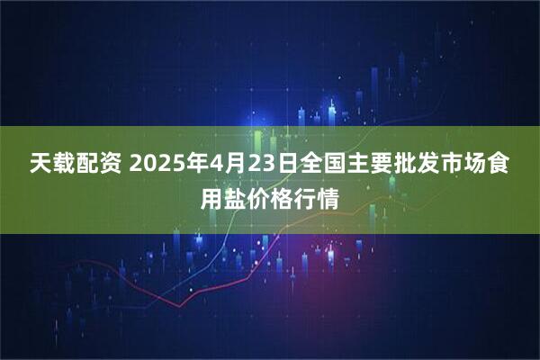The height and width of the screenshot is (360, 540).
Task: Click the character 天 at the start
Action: pos(41,166)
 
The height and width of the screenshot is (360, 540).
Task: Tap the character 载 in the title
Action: pos(67,166)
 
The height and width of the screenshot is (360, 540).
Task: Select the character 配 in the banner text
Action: pos(94,166)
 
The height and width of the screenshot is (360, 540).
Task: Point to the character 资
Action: pos(120,166)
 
